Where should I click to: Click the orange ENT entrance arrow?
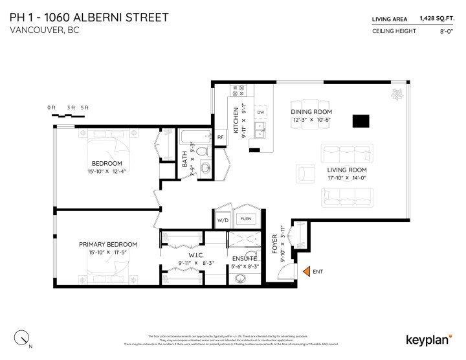tap(305, 273)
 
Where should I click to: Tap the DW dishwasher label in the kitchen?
tap(260, 113)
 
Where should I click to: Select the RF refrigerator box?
tap(220, 137)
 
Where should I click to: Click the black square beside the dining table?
tap(361, 121)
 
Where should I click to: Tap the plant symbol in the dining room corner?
tap(394, 95)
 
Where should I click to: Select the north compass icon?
tap(23, 337)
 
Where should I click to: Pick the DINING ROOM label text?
tap(311, 111)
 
